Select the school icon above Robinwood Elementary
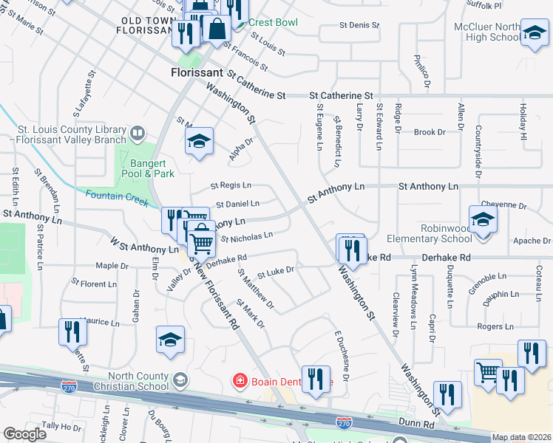483,219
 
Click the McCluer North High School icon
534,32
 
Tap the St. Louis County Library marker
138,134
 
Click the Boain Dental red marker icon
240,381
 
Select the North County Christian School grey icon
180,380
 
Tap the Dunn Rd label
418,425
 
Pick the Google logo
24,434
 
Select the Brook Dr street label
430,132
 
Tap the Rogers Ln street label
495,326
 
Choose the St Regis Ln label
231,185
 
